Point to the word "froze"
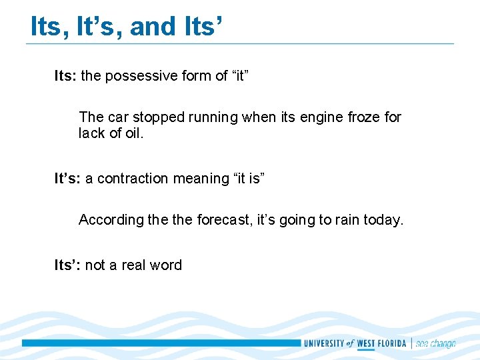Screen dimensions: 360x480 tap(365, 117)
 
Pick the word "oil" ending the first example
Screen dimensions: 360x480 tap(134, 133)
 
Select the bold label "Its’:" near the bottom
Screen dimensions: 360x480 tap(67, 265)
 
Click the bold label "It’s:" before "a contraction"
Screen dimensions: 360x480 tap(67, 179)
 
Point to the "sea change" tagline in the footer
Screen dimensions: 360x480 tap(435, 344)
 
